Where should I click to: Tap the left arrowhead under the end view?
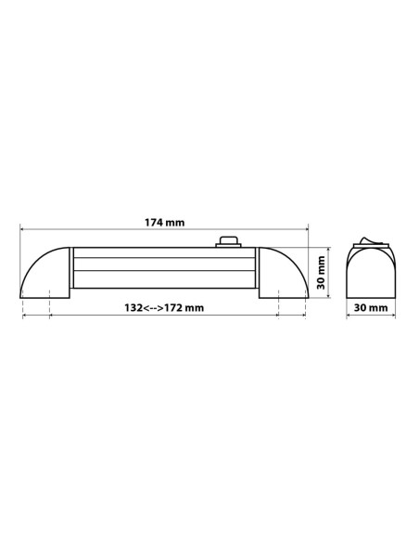point(348,316)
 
